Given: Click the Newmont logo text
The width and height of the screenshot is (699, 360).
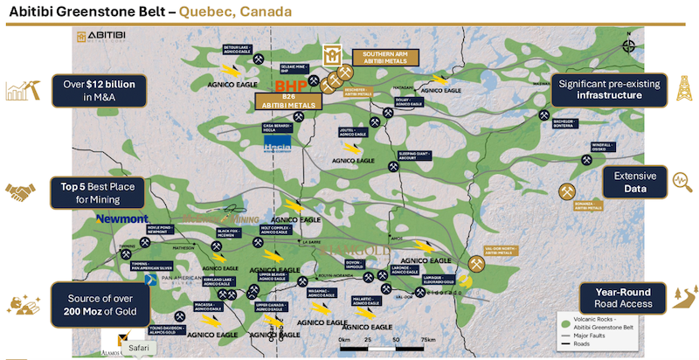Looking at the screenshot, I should click(122, 218).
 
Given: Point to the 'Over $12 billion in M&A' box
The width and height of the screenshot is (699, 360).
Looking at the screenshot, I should click(97, 89).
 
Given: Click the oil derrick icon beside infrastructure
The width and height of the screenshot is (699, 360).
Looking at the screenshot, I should click(684, 87).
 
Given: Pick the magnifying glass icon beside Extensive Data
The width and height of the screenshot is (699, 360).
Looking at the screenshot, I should click(682, 181).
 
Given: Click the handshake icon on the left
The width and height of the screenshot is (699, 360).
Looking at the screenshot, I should click(21, 190).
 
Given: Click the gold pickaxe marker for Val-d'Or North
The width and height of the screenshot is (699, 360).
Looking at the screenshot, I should click(477, 262).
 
